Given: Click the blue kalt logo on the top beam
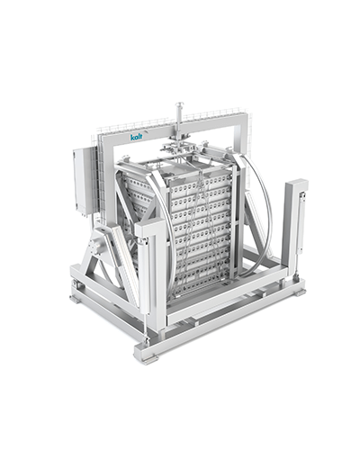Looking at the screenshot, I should [136, 136].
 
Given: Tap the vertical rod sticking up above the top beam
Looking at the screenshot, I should [179, 114].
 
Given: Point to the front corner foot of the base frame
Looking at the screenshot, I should [145, 352].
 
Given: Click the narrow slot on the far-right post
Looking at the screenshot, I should [299, 216].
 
